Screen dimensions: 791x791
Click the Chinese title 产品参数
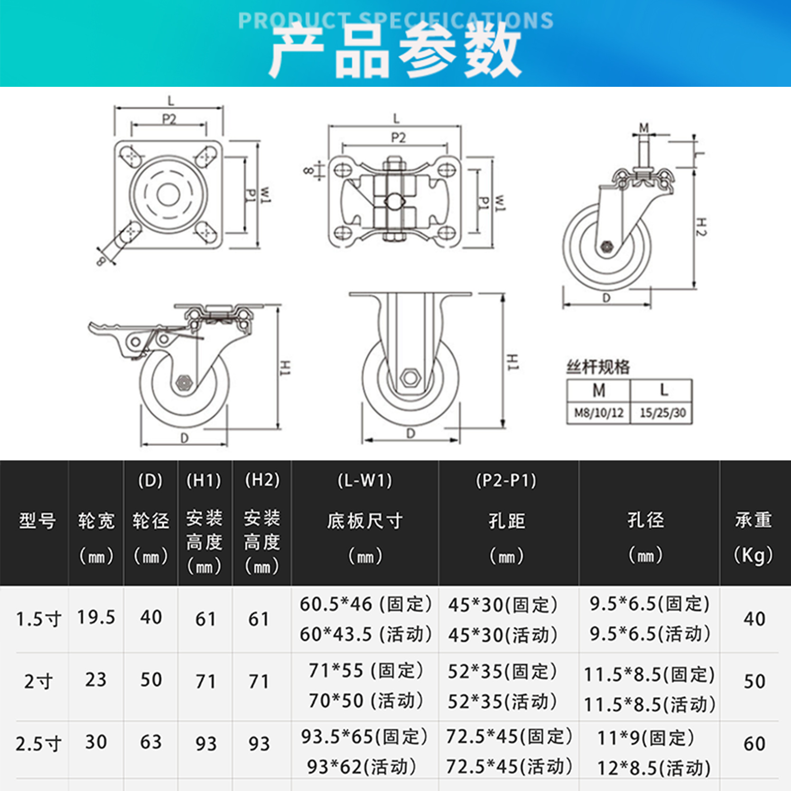pyautogui.click(x=395, y=50)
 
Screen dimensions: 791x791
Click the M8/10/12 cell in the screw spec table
pyautogui.click(x=598, y=413)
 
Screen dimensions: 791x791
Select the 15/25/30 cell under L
pyautogui.click(x=662, y=413)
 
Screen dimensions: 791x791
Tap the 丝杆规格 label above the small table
pyautogui.click(x=598, y=367)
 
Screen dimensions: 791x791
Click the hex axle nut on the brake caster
pyautogui.click(x=184, y=382)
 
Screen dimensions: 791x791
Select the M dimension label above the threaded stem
pyautogui.click(x=643, y=128)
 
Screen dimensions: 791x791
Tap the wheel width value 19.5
pyautogui.click(x=96, y=617)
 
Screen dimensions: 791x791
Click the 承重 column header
pyautogui.click(x=754, y=520)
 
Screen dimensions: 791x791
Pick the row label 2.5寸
pyautogui.click(x=38, y=744)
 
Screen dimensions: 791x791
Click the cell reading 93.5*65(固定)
pyautogui.click(x=364, y=736)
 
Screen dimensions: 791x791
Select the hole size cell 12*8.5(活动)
pyautogui.click(x=653, y=768)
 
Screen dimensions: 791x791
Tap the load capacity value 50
pyautogui.click(x=754, y=681)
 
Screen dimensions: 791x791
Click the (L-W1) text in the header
pyautogui.click(x=364, y=481)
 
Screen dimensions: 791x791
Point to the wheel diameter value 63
pyautogui.click(x=151, y=742)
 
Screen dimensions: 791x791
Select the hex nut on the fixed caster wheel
pyautogui.click(x=410, y=378)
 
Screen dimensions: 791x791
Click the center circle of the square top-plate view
pyautogui.click(x=168, y=195)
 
